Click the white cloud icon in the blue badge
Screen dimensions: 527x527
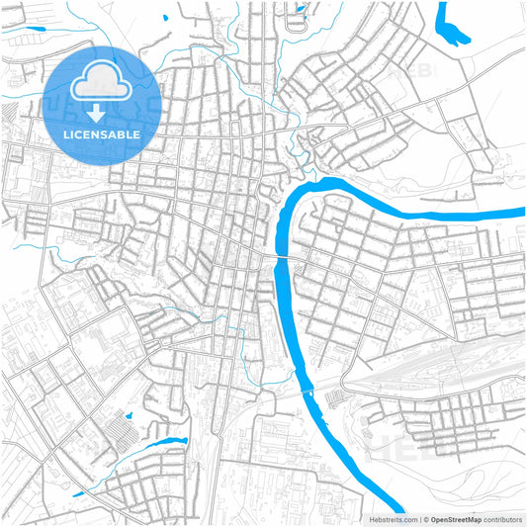click(102, 82)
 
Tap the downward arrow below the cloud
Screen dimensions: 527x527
click(102, 111)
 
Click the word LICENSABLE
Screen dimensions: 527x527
click(102, 132)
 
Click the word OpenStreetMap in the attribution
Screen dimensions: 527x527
click(456, 518)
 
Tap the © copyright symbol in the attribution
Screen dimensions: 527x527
click(426, 518)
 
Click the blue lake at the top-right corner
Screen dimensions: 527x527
click(454, 26)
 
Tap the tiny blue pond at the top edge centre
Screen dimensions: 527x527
click(301, 11)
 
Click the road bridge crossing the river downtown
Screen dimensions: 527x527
click(281, 257)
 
